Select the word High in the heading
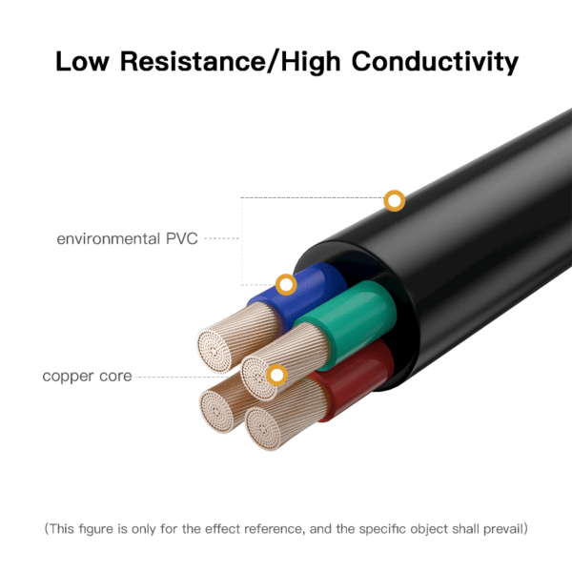click(x=314, y=62)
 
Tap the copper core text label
click(x=87, y=377)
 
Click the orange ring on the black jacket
click(x=394, y=201)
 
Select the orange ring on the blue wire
click(x=285, y=284)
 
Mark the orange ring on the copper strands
click(x=276, y=375)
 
